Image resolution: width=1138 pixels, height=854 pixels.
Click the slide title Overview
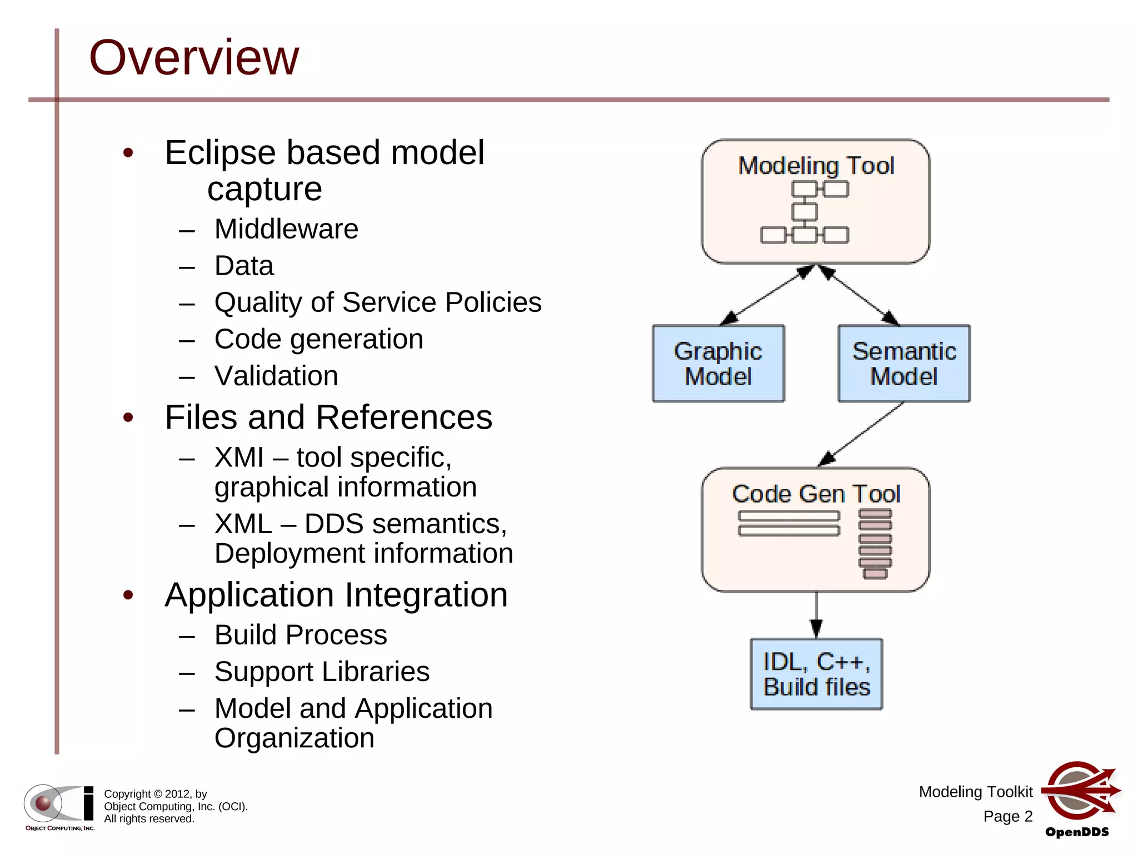coord(194,57)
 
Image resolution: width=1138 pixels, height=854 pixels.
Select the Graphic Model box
coord(718,363)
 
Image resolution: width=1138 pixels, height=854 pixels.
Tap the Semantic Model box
coord(904,363)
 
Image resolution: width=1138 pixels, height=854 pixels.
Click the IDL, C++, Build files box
coord(816,674)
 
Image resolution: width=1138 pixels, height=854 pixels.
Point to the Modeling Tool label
coord(816,166)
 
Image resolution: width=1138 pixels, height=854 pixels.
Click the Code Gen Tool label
coord(816,494)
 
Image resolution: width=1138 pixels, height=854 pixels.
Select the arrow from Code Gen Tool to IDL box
coord(816,615)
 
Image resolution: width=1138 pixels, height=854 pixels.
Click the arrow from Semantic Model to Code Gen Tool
coord(861,434)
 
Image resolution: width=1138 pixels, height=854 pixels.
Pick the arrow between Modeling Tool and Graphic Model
coord(767,295)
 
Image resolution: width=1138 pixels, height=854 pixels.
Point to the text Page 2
coord(1007,816)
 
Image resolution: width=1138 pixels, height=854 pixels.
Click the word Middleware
coord(286,229)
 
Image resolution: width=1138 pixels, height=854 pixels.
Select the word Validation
coord(276,376)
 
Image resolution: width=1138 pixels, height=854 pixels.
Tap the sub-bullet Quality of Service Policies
coord(378,302)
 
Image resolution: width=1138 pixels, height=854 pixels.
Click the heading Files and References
coord(328,417)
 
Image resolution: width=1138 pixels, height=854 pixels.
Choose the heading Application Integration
coord(336,595)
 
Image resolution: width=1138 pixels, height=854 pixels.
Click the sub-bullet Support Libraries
coord(322,672)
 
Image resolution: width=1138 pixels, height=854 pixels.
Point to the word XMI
coord(239,458)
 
